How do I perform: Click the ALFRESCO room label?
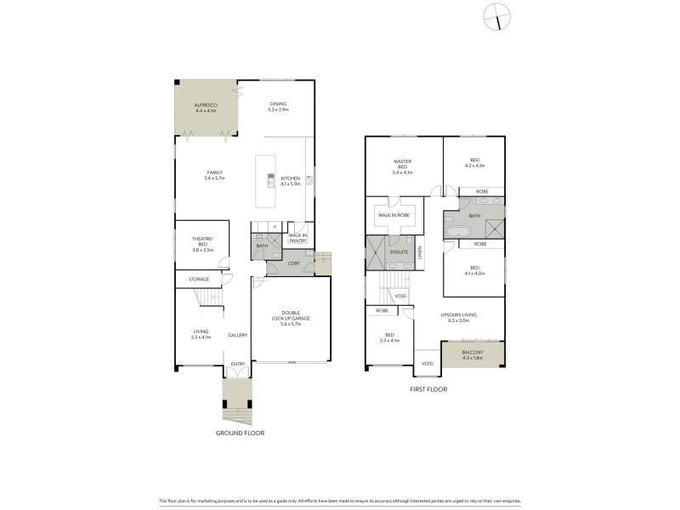[x=207, y=108]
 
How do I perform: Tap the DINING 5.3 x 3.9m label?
[x=278, y=106]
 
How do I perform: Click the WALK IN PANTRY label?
[x=297, y=238]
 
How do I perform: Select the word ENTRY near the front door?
[x=237, y=365]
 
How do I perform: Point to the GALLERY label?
[x=237, y=335]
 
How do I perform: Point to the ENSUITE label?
[x=399, y=252]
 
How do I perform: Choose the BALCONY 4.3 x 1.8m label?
[x=473, y=354]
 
